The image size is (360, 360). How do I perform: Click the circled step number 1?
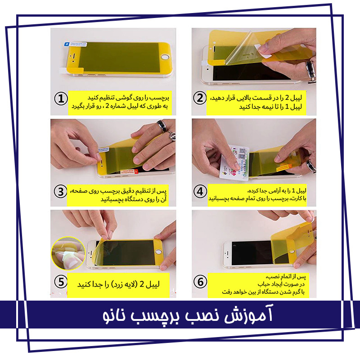[x=61, y=99]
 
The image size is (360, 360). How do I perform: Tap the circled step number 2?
[x=200, y=98]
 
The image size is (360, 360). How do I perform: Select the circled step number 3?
[x=60, y=192]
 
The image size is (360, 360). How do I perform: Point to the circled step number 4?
[x=200, y=191]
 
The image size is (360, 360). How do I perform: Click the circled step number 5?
[x=61, y=282]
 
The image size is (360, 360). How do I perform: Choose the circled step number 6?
[x=200, y=282]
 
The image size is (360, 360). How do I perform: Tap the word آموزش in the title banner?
[x=248, y=314]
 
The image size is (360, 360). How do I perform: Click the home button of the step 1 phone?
[x=165, y=57]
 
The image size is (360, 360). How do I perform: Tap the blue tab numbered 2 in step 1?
[x=67, y=44]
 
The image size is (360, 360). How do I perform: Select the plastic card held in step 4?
[x=234, y=162]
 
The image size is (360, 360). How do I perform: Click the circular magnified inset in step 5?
[x=68, y=253]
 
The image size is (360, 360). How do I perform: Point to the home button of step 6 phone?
[x=292, y=251]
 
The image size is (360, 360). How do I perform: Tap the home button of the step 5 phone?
[x=158, y=252]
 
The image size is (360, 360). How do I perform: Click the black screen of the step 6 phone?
[x=252, y=252]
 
